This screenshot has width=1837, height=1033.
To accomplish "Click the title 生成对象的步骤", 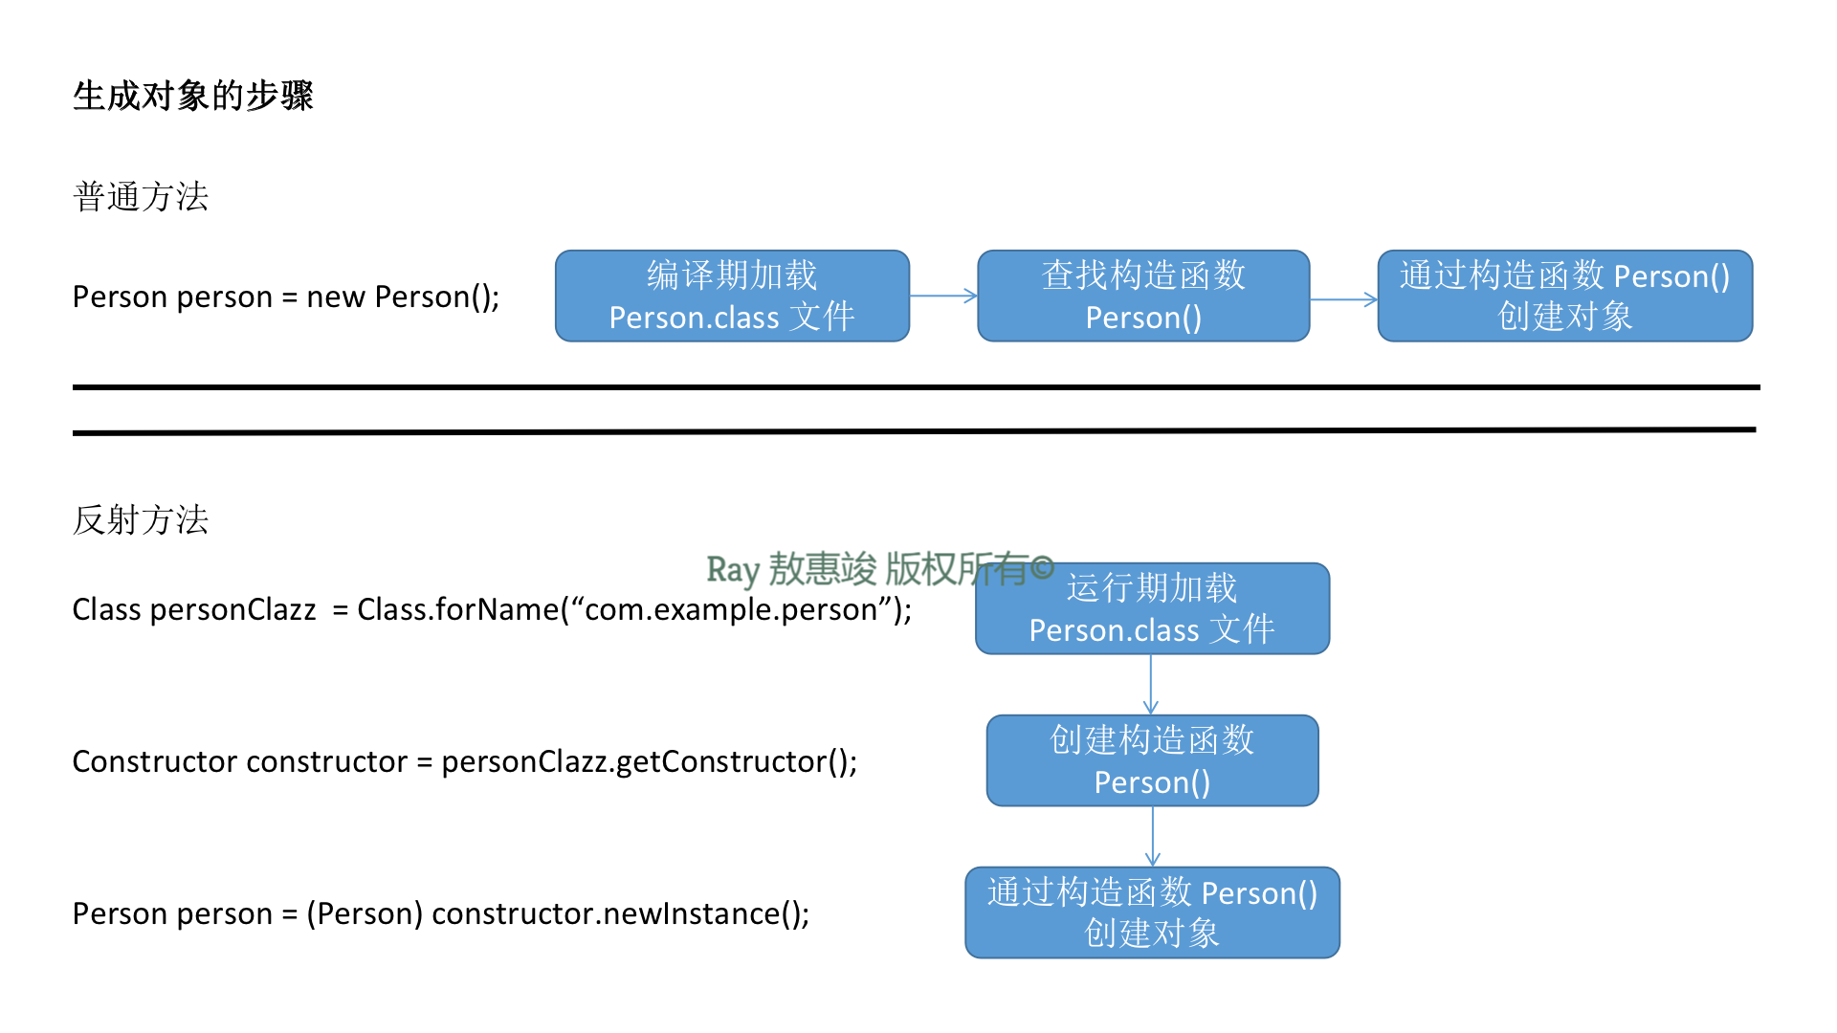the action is (x=193, y=96).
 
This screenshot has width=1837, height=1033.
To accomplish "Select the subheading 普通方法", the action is (x=141, y=197).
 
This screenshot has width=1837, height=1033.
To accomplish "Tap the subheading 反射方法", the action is (x=141, y=520).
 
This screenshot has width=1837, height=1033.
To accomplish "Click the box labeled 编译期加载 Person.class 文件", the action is (x=732, y=297).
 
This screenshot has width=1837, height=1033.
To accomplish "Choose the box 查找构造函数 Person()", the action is (x=1143, y=297).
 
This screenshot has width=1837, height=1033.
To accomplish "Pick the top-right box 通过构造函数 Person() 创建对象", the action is (x=1565, y=297).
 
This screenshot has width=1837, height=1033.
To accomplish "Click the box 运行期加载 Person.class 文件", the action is (x=1152, y=609).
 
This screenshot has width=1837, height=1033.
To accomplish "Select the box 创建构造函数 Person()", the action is (x=1152, y=761).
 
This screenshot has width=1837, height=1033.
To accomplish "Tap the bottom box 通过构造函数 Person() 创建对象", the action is (x=1152, y=913).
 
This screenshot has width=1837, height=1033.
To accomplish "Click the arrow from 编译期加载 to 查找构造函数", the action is (x=943, y=297).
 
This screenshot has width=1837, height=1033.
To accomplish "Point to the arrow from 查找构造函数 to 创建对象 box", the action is (x=1343, y=299).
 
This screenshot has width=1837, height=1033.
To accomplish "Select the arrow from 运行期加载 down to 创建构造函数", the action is (x=1151, y=685).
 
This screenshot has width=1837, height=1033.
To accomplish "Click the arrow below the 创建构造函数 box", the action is (x=1153, y=837).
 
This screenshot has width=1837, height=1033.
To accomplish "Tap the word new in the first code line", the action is (x=335, y=297).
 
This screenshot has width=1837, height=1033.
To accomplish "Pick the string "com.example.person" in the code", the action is (x=734, y=609).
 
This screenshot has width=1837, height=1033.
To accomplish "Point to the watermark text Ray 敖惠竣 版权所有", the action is (x=880, y=569).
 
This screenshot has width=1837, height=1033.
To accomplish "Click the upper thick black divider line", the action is (x=917, y=387).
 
